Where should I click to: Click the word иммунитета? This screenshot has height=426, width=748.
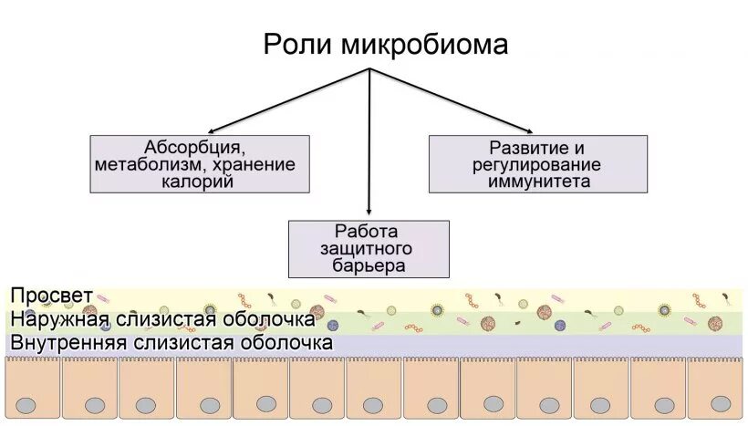pos(538,181)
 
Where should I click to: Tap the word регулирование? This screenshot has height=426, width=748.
pos(538,164)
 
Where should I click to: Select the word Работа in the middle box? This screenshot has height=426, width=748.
pos(368,232)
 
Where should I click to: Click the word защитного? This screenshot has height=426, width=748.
pos(368,249)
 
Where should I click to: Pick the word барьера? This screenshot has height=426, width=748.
pos(368,265)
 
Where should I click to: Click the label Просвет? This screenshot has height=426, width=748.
pos(51,296)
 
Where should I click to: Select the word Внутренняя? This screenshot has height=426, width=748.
pos(69,343)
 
